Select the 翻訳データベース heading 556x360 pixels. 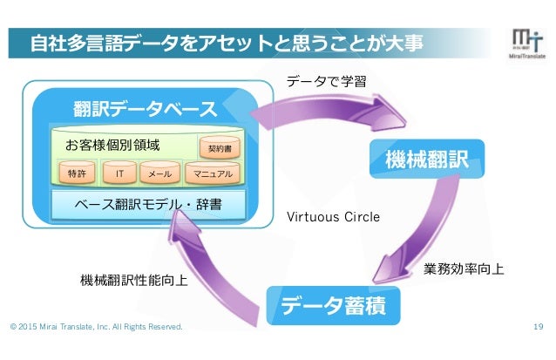[146, 109]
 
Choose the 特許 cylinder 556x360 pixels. [78, 174]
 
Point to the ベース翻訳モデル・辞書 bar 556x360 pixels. [147, 207]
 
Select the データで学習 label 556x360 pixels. [326, 82]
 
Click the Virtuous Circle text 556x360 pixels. [333, 216]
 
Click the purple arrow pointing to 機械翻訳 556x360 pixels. [331, 109]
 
